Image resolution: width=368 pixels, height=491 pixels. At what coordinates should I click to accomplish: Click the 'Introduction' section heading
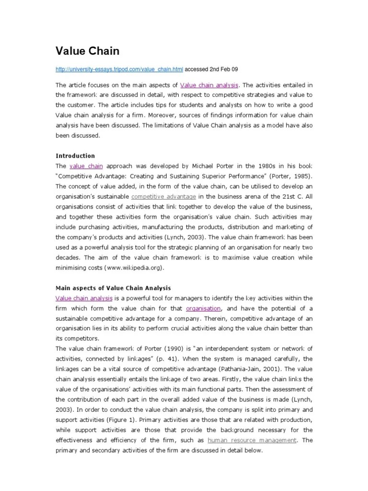tap(75, 156)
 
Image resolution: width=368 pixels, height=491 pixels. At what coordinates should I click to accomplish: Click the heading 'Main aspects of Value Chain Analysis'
tap(113, 288)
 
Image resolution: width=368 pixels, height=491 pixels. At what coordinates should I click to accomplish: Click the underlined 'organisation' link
tap(204, 308)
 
